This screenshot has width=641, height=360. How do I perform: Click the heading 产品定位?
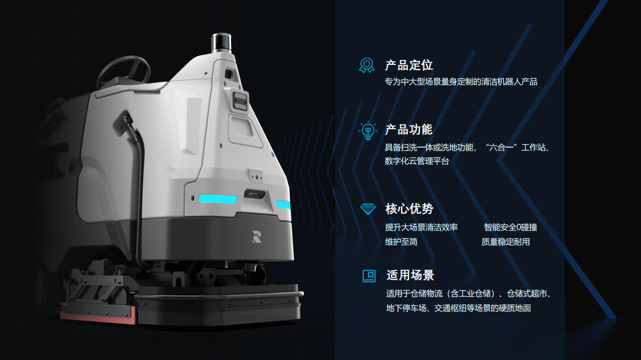(x=408, y=65)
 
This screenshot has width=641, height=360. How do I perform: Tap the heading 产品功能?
(x=408, y=130)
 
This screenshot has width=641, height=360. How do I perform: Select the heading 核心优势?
(x=409, y=209)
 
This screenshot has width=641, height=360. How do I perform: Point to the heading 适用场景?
(x=410, y=275)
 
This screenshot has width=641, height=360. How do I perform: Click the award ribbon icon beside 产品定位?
(x=367, y=65)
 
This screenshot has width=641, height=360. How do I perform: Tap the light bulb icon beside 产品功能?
(x=368, y=131)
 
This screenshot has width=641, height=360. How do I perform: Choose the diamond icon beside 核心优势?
(x=368, y=209)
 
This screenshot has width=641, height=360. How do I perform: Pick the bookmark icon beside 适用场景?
(x=369, y=276)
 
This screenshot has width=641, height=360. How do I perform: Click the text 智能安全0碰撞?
(x=510, y=227)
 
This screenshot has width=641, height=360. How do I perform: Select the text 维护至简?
(x=401, y=242)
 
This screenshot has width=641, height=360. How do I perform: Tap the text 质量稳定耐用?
(x=506, y=242)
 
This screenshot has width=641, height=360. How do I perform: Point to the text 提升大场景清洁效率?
(x=421, y=227)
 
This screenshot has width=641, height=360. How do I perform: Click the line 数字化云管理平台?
(x=417, y=161)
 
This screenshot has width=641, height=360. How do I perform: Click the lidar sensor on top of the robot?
(x=221, y=43)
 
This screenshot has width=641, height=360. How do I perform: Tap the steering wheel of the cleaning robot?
(x=124, y=70)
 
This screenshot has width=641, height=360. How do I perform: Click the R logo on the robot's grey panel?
(x=257, y=237)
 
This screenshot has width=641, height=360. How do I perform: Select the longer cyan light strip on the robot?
(x=218, y=198)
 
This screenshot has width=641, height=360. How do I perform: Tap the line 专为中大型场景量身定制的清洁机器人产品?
(x=461, y=82)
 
